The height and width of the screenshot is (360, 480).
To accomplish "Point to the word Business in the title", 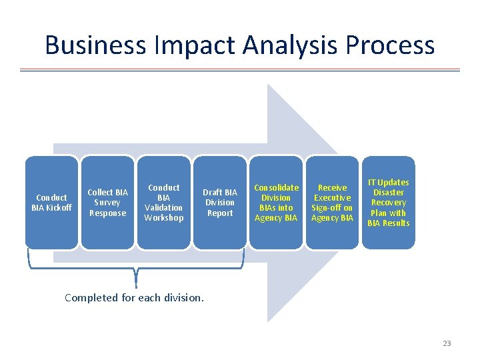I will [x=95, y=45].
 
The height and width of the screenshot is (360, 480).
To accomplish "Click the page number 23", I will [x=447, y=343].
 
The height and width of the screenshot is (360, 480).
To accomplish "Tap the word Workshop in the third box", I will [x=163, y=218].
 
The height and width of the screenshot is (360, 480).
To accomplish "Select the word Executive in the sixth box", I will [x=332, y=198].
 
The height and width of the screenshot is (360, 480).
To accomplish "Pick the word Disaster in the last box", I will [x=388, y=193].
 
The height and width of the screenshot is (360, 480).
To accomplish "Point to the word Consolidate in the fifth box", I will [x=276, y=188].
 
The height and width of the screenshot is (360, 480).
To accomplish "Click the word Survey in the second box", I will [x=107, y=203].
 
